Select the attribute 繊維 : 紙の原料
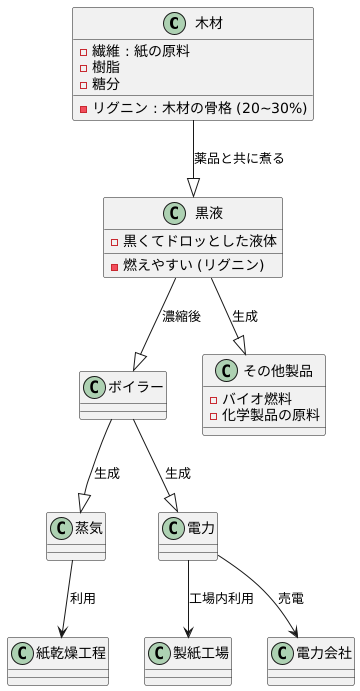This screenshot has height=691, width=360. (141, 50)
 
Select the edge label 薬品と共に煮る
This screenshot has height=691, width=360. (239, 158)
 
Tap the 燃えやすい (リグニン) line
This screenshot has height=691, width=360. (192, 265)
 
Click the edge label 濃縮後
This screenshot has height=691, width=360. (181, 316)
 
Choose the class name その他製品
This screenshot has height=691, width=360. (276, 372)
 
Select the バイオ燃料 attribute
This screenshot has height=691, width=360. (257, 398)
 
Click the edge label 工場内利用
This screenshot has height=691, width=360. (221, 598)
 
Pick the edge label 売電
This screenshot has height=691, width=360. (292, 598)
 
